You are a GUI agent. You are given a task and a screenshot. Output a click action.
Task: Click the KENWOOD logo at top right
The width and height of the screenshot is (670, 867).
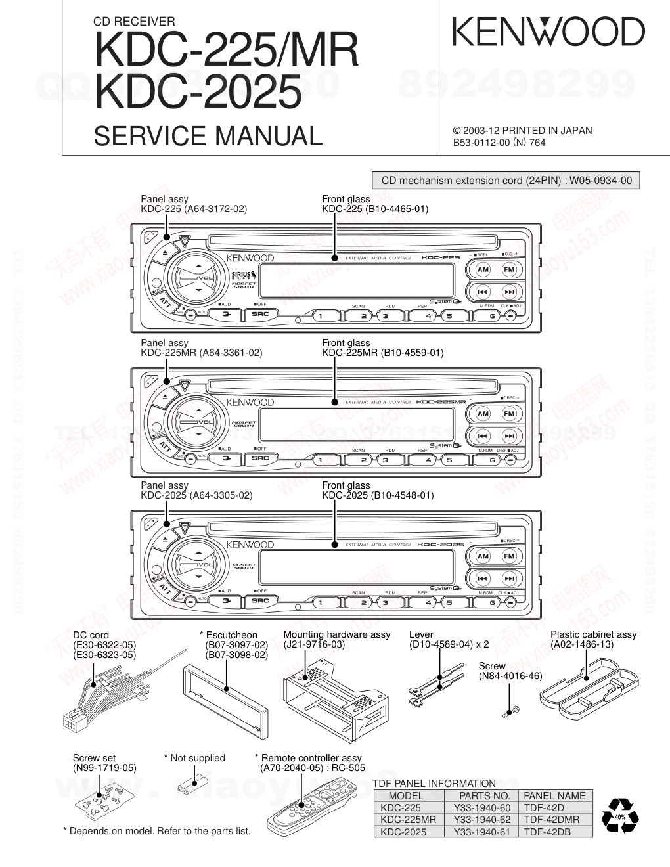(x=548, y=32)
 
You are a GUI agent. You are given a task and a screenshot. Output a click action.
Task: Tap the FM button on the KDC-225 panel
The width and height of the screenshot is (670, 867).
(x=509, y=269)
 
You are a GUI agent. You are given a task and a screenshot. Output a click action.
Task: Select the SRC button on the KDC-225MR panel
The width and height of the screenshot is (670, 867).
(x=261, y=458)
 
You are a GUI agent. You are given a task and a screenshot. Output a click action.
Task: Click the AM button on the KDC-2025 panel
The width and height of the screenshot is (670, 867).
(x=483, y=556)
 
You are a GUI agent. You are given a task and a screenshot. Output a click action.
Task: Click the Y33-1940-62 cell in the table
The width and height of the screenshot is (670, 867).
(x=481, y=820)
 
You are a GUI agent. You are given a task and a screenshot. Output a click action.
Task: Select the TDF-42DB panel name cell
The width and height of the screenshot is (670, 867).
(x=547, y=832)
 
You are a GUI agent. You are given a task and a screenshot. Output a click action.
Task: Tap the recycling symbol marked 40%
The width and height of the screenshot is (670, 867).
(x=620, y=817)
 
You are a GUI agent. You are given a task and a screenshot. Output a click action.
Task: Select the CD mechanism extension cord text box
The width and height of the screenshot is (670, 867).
(x=506, y=181)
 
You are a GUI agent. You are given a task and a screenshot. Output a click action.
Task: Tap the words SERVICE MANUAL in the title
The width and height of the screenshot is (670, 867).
(x=208, y=136)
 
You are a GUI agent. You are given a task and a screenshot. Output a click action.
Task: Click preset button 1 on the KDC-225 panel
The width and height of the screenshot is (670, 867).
(x=321, y=316)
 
